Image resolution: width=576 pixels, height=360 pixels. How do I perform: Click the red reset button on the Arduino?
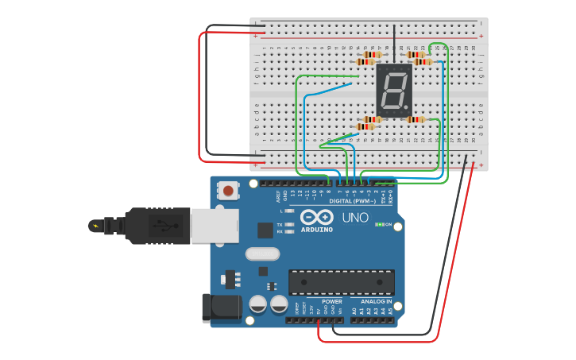pos(229,191)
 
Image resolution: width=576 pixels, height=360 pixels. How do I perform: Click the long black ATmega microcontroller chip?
pos(341,282)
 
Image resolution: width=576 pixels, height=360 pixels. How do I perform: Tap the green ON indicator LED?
pos(381,225)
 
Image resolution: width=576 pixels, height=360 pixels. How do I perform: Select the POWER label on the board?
pos(331,301)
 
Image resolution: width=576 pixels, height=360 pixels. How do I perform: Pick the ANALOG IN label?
pos(377,301)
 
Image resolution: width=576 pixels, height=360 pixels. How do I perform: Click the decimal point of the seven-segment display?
pos(408,109)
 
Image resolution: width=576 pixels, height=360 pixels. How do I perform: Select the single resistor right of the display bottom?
pos(414,120)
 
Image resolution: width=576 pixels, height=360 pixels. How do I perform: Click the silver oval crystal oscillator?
pos(262,254)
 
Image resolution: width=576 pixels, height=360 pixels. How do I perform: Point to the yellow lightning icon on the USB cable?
pos(96,226)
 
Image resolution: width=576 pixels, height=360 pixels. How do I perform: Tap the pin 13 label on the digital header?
pos(292,193)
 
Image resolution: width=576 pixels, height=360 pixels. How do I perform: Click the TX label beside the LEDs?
pos(280,224)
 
